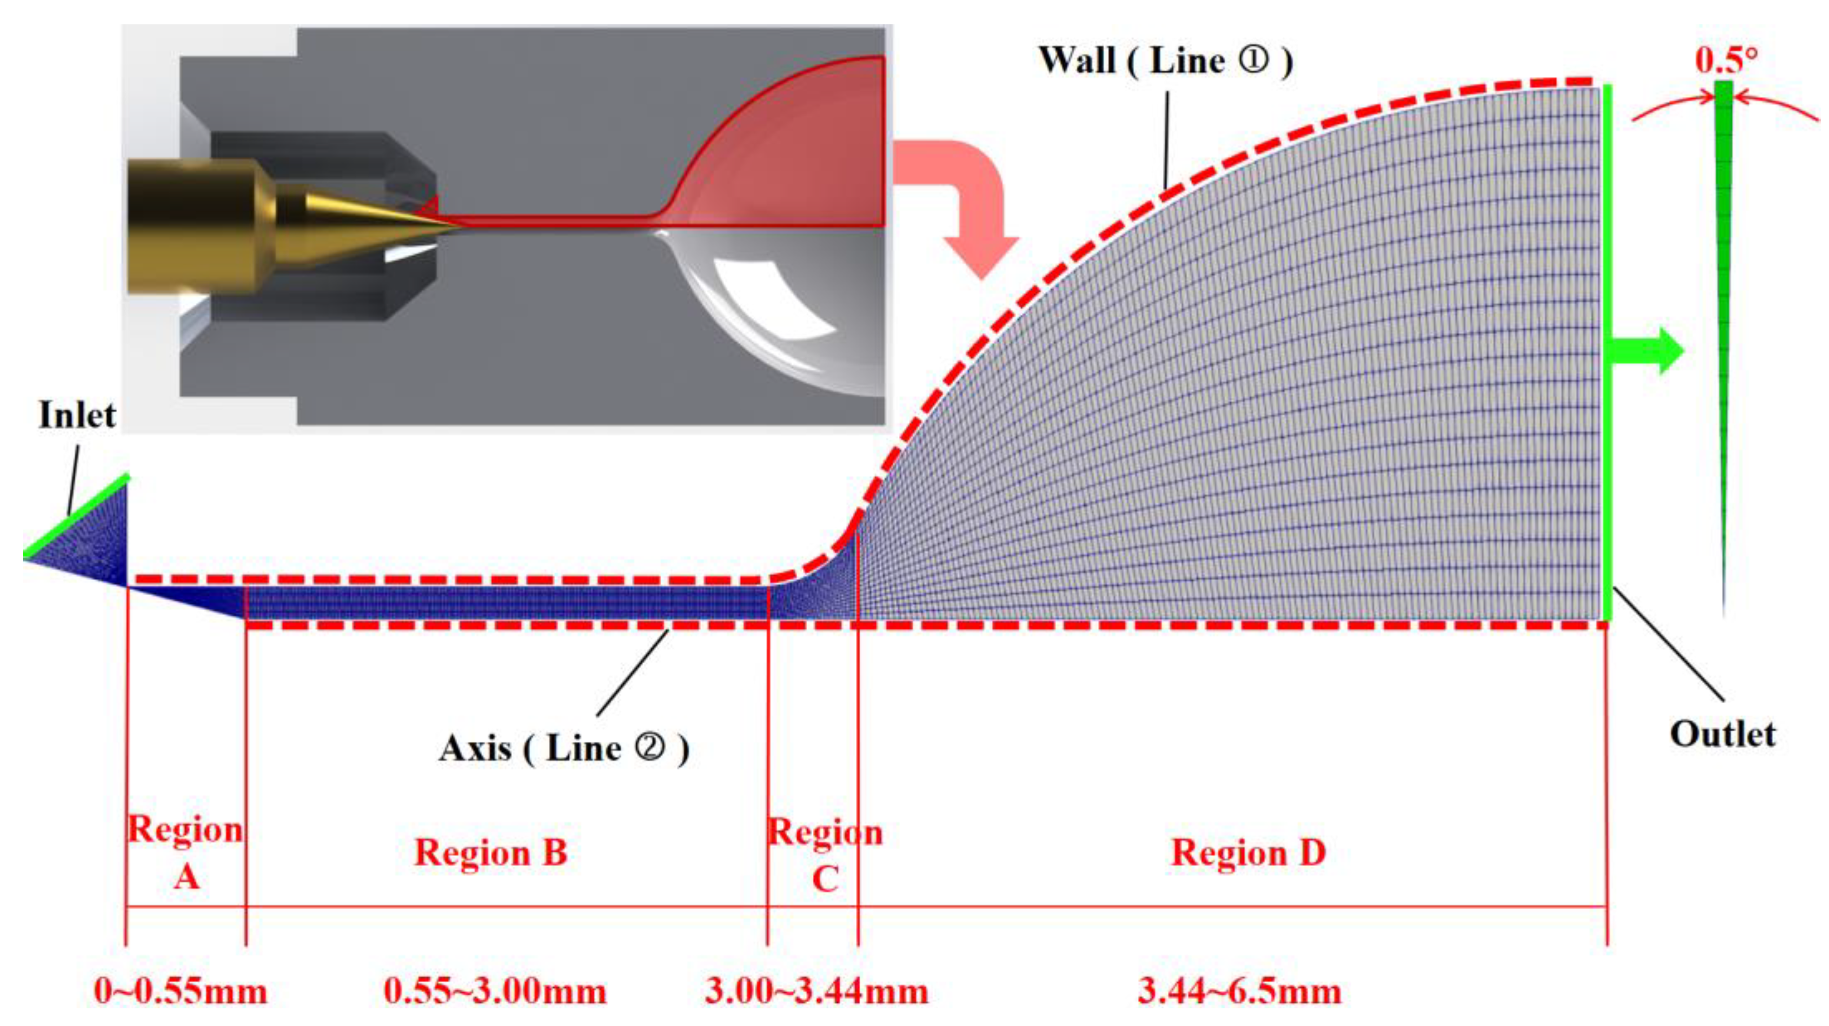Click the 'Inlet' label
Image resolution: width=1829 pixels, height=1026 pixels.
(77, 415)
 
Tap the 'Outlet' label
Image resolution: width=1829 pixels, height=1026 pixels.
(1722, 734)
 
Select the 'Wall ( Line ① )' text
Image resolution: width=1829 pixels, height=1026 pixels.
(1164, 60)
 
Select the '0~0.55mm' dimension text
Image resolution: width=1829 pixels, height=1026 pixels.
(180, 991)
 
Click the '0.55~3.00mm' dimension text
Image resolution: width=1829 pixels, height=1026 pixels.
(495, 991)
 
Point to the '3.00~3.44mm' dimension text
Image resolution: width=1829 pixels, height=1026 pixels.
(817, 991)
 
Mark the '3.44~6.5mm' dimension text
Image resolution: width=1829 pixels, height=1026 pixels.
(1240, 991)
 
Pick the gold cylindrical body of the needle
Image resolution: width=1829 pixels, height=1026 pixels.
(192, 226)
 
